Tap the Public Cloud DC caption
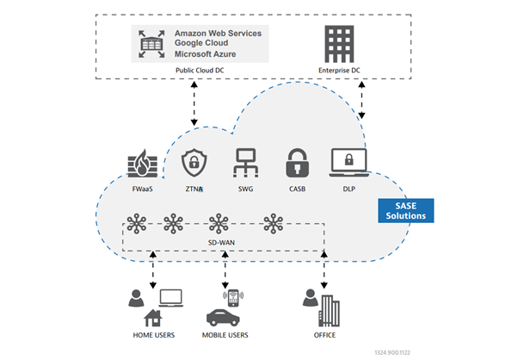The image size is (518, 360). (x=200, y=69)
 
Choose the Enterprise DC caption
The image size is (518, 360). (x=338, y=69)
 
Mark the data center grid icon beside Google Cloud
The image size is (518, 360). (x=151, y=43)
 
